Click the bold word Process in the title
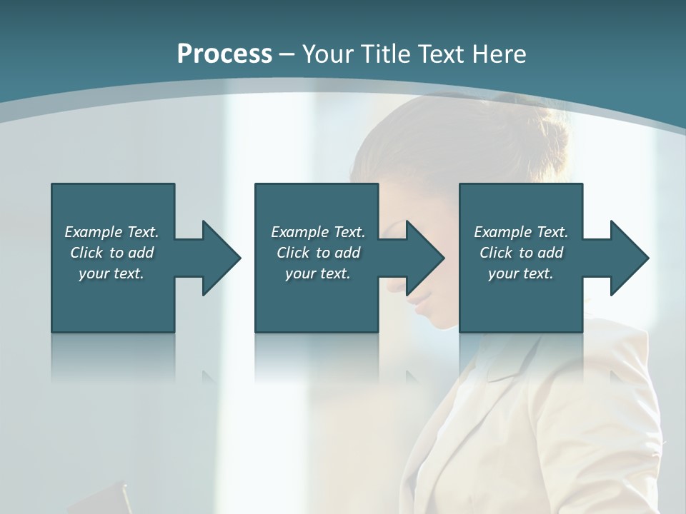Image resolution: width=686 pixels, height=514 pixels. tap(224, 54)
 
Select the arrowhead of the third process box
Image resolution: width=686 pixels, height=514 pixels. tap(628, 258)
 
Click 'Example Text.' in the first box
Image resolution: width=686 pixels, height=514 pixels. tap(111, 232)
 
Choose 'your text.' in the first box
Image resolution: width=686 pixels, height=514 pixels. tap(111, 273)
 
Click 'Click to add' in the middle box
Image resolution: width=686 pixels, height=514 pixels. tap(318, 253)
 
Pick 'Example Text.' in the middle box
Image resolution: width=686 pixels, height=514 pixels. tap(318, 232)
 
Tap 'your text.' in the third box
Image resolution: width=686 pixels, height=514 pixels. tap(521, 273)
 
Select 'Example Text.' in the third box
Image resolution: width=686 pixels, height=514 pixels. tap(521, 232)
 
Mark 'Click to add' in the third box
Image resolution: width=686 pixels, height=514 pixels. tap(521, 253)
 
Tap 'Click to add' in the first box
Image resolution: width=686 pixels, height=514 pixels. tap(111, 253)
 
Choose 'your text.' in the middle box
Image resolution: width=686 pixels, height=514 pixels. tap(318, 273)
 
